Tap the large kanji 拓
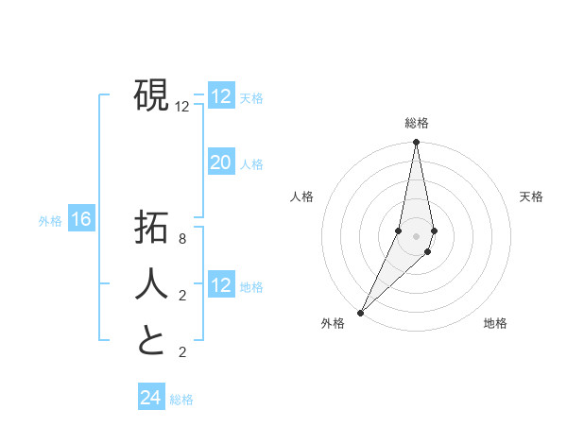tap(151, 229)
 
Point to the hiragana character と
tap(151, 339)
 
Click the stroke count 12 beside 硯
tap(182, 107)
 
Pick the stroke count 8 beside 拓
tap(182, 240)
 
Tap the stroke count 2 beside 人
tap(182, 296)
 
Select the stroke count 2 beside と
tap(182, 352)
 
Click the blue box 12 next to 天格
tap(221, 96)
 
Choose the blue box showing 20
tap(221, 162)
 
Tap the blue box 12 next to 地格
tap(221, 285)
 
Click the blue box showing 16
tap(81, 220)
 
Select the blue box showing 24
tap(151, 398)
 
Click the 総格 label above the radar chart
tap(417, 124)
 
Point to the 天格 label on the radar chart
tap(532, 196)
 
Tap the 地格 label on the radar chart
tap(495, 324)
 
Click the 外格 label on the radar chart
tap(333, 324)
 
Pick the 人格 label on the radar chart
tap(301, 196)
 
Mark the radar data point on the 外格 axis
tap(361, 312)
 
